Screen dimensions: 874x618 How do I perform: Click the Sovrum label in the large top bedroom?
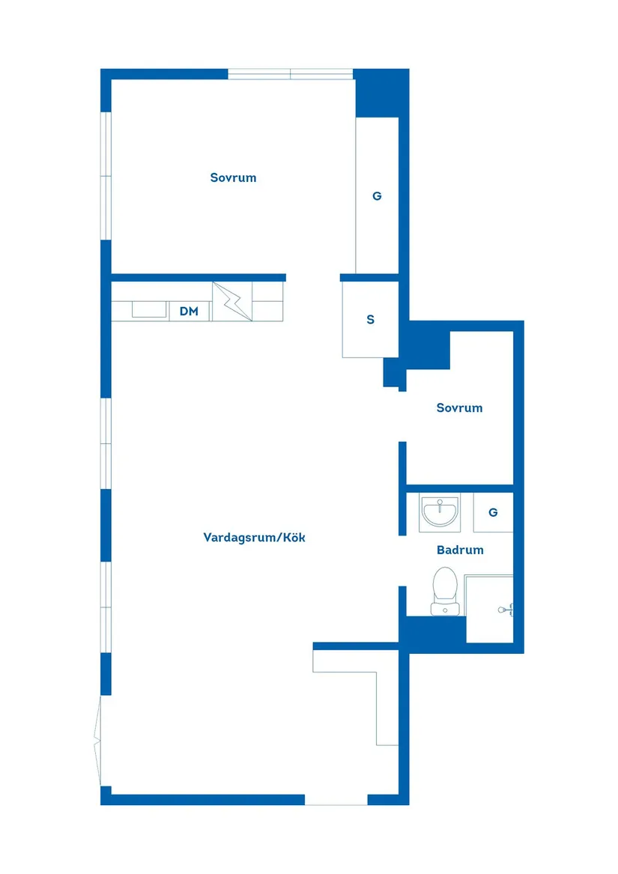tap(233, 177)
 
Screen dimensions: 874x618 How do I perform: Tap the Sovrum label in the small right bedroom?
tap(459, 408)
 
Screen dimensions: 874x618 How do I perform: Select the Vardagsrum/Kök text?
tap(254, 537)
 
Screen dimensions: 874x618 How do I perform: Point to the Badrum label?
tap(460, 550)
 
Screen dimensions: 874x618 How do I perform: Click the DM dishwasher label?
tap(189, 311)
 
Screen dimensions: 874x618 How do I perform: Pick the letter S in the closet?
tap(370, 320)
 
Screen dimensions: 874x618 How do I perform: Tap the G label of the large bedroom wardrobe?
tap(377, 196)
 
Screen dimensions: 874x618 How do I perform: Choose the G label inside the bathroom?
tap(493, 513)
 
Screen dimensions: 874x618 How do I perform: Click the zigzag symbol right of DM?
tap(231, 302)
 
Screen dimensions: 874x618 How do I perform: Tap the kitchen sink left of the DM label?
tap(149, 309)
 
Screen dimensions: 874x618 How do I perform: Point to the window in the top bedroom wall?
tap(290, 74)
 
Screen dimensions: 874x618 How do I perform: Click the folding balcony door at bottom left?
tap(98, 741)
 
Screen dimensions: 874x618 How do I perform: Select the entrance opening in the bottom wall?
tap(336, 799)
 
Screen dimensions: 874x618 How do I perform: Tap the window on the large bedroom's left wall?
tap(106, 176)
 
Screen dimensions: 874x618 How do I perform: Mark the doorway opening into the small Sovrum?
tap(402, 416)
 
